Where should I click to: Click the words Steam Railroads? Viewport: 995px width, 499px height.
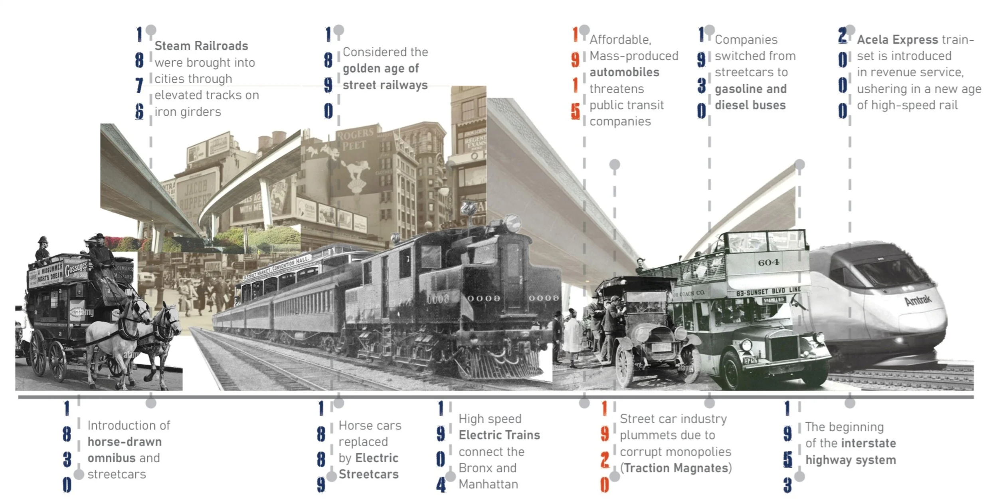pos(201,46)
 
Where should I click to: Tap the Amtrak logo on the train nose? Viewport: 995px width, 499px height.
pos(918,300)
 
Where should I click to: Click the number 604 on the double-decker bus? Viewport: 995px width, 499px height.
pos(769,262)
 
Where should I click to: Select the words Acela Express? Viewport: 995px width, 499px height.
pos(897,40)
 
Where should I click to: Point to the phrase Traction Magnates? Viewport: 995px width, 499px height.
pos(676,468)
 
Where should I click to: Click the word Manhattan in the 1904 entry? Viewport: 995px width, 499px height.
pos(488,484)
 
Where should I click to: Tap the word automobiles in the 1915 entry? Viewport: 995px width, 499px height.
pos(624,72)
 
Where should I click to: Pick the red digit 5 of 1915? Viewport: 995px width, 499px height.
pos(575,111)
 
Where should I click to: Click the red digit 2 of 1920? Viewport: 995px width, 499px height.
pos(605,459)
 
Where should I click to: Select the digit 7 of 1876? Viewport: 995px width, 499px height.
pos(139,85)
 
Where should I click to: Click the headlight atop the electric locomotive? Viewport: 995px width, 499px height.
pos(512,223)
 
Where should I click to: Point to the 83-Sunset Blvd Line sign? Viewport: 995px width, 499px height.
pos(768,292)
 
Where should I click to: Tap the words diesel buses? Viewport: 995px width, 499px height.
pos(750,105)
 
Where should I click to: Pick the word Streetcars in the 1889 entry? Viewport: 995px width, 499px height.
pos(368,474)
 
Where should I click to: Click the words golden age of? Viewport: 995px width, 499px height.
pos(380,69)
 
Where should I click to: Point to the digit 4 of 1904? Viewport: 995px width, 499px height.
pos(441,485)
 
